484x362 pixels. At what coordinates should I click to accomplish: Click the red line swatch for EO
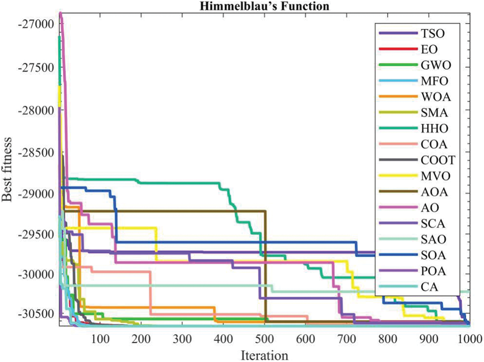click(398, 49)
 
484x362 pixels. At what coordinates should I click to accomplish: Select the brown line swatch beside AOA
click(398, 192)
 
